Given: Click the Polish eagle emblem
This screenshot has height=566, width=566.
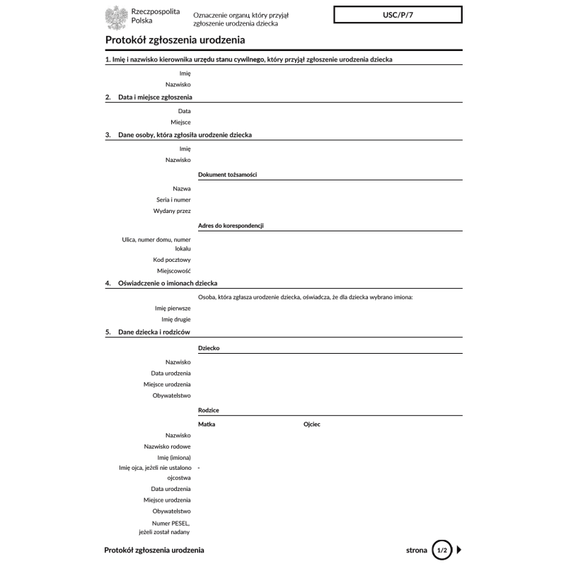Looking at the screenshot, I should (116, 17).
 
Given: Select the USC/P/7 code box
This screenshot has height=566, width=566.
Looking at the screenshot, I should (398, 14).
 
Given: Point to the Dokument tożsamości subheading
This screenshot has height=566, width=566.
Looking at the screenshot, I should (227, 174).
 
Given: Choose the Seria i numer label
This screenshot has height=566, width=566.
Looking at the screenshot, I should (174, 200).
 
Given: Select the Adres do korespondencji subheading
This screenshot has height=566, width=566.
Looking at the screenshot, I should (231, 226).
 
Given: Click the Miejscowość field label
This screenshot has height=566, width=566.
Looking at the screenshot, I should (174, 271).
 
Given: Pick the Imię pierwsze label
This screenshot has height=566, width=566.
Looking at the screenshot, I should (173, 308).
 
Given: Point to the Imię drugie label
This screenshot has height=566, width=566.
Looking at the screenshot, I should (175, 320).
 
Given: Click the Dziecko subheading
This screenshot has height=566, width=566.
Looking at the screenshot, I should (209, 348).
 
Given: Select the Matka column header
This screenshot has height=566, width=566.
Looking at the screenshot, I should (207, 424).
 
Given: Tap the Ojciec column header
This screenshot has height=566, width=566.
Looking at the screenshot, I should (312, 424).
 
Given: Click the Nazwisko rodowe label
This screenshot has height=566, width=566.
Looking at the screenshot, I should (167, 446).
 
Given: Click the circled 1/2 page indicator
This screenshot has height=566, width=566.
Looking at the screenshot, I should (441, 549).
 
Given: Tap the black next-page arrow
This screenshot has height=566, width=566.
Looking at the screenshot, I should (459, 549).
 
